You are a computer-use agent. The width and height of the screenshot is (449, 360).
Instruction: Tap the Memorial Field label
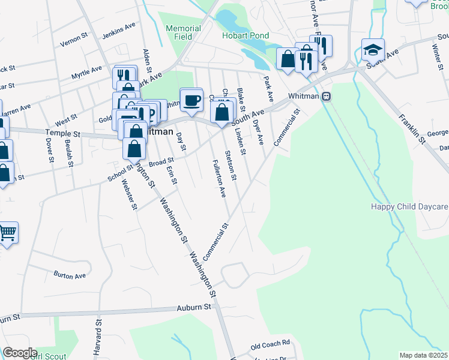183,32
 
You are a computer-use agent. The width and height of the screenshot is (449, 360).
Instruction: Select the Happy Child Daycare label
409,207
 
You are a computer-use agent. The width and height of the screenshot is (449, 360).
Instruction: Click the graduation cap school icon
373,49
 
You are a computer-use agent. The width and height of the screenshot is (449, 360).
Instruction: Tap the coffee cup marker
191,100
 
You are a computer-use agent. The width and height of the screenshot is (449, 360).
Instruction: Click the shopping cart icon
8,232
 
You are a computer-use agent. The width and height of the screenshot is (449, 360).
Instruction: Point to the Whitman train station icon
326,96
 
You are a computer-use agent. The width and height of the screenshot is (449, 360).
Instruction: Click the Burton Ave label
69,276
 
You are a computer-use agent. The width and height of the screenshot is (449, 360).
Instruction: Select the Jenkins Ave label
119,29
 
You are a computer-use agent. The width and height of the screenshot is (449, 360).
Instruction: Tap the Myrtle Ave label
87,74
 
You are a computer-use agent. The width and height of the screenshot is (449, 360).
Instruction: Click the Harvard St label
96,339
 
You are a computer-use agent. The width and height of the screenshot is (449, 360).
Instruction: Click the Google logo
20,353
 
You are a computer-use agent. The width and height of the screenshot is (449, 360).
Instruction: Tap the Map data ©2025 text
423,355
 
